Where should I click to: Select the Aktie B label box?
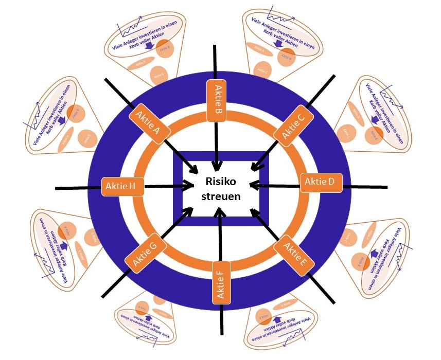point(217,100)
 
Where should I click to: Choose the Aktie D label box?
point(321,182)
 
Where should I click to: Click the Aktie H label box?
point(122,186)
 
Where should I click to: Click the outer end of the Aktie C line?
point(334,76)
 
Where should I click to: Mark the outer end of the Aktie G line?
point(103,296)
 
